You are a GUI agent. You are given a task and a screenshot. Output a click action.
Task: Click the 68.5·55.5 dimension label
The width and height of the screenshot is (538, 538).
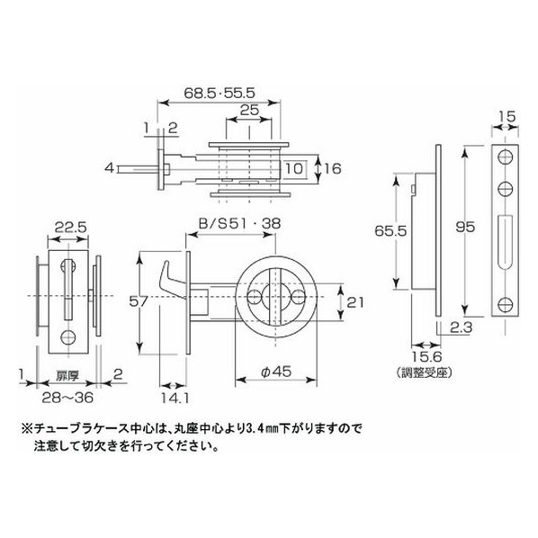point(220,93)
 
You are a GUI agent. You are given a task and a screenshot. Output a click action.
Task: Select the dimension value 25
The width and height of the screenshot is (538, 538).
point(249,111)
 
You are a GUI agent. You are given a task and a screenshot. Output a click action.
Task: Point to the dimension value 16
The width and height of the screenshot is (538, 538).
point(332,168)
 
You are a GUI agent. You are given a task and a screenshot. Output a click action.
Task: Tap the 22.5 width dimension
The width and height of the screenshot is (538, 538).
point(71,227)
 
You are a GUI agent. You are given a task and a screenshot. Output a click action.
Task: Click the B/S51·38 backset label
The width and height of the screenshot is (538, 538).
point(240,224)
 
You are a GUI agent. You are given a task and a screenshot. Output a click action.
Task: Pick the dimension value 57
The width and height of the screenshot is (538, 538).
point(139,301)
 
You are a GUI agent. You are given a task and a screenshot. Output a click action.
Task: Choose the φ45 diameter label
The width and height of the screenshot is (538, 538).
point(276,372)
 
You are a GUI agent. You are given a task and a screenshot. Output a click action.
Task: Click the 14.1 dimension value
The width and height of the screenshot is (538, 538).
point(175,398)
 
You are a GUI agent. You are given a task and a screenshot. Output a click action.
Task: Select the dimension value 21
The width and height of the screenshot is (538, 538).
point(355,302)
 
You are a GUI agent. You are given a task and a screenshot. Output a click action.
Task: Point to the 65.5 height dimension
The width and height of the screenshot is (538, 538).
point(390,231)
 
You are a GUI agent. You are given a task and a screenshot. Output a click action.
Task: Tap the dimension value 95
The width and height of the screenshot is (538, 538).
point(465,227)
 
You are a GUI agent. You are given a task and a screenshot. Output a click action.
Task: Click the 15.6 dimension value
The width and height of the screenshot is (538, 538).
point(426,357)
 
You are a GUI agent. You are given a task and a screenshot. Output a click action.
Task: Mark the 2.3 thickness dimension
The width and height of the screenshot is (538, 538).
point(462,327)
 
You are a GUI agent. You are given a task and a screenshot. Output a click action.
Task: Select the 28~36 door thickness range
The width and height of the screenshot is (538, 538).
point(67,398)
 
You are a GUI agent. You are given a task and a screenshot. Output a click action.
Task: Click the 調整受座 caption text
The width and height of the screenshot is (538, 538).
point(426,372)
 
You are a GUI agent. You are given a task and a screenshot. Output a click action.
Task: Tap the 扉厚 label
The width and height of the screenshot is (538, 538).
point(67,376)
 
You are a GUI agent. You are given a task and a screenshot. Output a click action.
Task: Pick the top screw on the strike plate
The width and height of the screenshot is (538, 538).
point(505,157)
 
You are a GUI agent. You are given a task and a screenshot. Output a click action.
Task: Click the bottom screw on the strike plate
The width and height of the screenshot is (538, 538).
point(505,304)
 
